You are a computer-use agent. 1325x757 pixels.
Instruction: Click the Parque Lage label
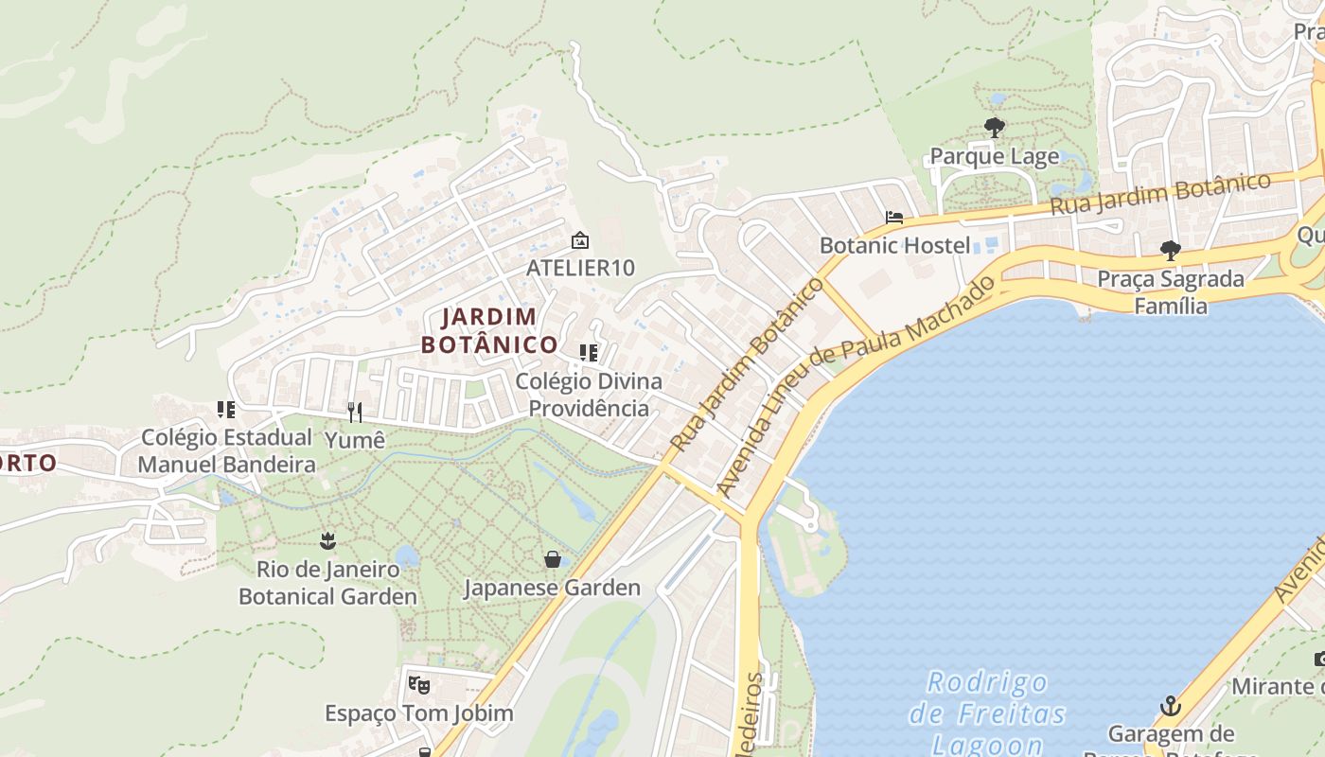click(995, 156)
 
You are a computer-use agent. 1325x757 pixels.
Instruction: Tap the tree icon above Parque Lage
click(994, 127)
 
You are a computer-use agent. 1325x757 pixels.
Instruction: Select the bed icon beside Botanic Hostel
click(893, 217)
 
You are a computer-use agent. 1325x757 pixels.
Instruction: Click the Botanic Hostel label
click(894, 245)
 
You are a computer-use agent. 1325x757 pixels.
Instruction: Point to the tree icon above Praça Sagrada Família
click(1171, 251)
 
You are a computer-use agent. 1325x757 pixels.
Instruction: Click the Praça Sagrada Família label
click(1171, 292)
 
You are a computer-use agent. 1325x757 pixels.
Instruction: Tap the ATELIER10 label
click(580, 268)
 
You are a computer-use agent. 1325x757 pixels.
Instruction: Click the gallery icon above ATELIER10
click(580, 240)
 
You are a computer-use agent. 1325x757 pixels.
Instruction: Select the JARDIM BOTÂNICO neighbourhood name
click(489, 330)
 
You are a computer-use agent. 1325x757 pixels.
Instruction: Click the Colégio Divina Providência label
click(589, 395)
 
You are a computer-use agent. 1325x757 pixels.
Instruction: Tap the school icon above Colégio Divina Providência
click(589, 353)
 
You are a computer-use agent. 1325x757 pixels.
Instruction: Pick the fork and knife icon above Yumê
click(355, 412)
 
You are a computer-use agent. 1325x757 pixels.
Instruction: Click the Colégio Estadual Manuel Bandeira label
click(226, 450)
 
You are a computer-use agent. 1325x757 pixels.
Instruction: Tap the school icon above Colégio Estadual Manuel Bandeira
click(226, 410)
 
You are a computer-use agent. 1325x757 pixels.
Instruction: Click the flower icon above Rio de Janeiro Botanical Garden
click(327, 541)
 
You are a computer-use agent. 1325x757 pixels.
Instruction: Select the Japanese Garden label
click(552, 588)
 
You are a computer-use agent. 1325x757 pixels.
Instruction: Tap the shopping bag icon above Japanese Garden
click(552, 559)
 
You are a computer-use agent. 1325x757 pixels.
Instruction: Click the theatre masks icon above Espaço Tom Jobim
click(418, 684)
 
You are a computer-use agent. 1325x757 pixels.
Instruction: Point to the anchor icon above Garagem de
click(1171, 706)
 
